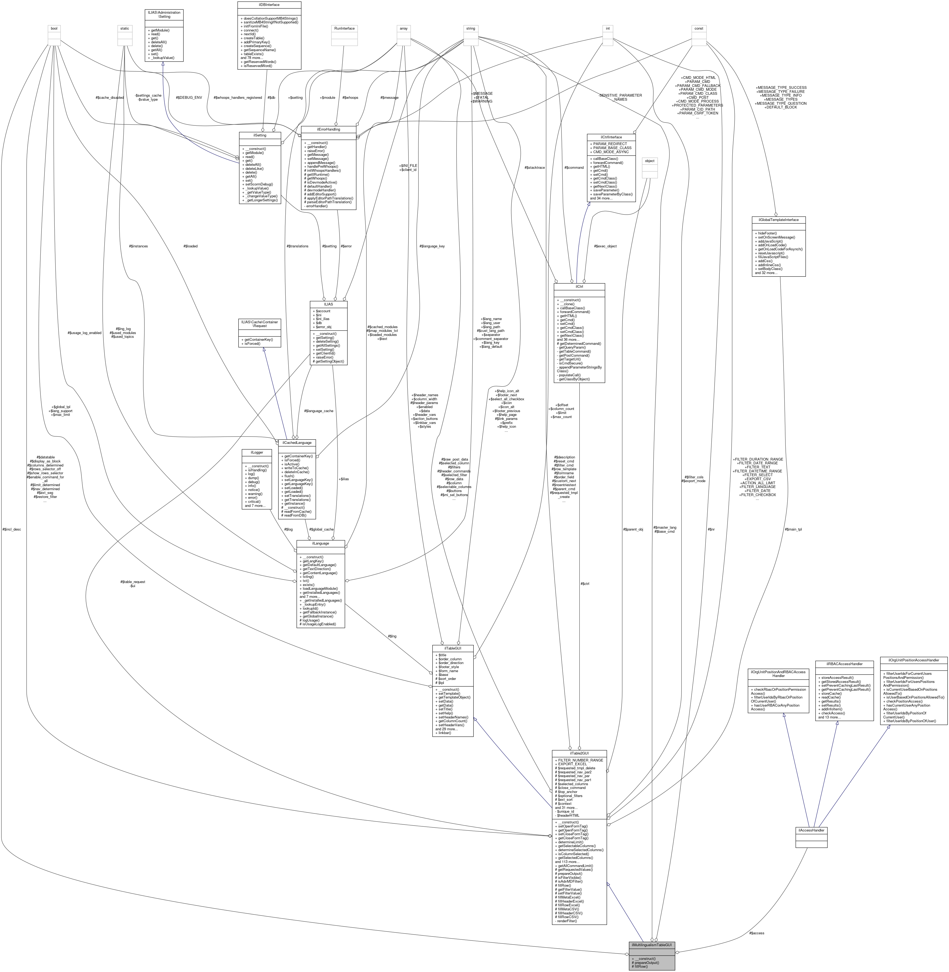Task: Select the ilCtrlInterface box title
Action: (611, 137)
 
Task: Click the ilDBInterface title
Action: (269, 5)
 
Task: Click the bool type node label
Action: (54, 28)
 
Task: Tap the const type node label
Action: (699, 28)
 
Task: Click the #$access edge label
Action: (756, 933)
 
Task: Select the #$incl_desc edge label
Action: (12, 529)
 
